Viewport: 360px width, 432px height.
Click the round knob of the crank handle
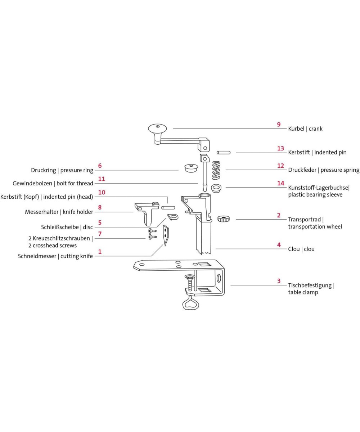(x=157, y=129)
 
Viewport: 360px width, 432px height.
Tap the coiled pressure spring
(x=216, y=170)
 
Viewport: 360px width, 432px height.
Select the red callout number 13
(x=280, y=148)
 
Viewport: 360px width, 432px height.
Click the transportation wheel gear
(x=224, y=219)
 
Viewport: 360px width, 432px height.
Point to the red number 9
(x=279, y=125)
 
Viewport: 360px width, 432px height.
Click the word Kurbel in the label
(x=296, y=129)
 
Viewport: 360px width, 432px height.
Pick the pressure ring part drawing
(x=191, y=168)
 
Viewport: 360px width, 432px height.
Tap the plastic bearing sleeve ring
(x=216, y=188)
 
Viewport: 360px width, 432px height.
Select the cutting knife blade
(x=166, y=236)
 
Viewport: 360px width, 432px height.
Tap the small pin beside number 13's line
(x=224, y=152)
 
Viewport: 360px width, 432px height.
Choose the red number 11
(x=102, y=179)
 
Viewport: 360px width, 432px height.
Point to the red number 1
(x=100, y=252)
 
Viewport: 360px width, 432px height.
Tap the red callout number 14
(x=281, y=183)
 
